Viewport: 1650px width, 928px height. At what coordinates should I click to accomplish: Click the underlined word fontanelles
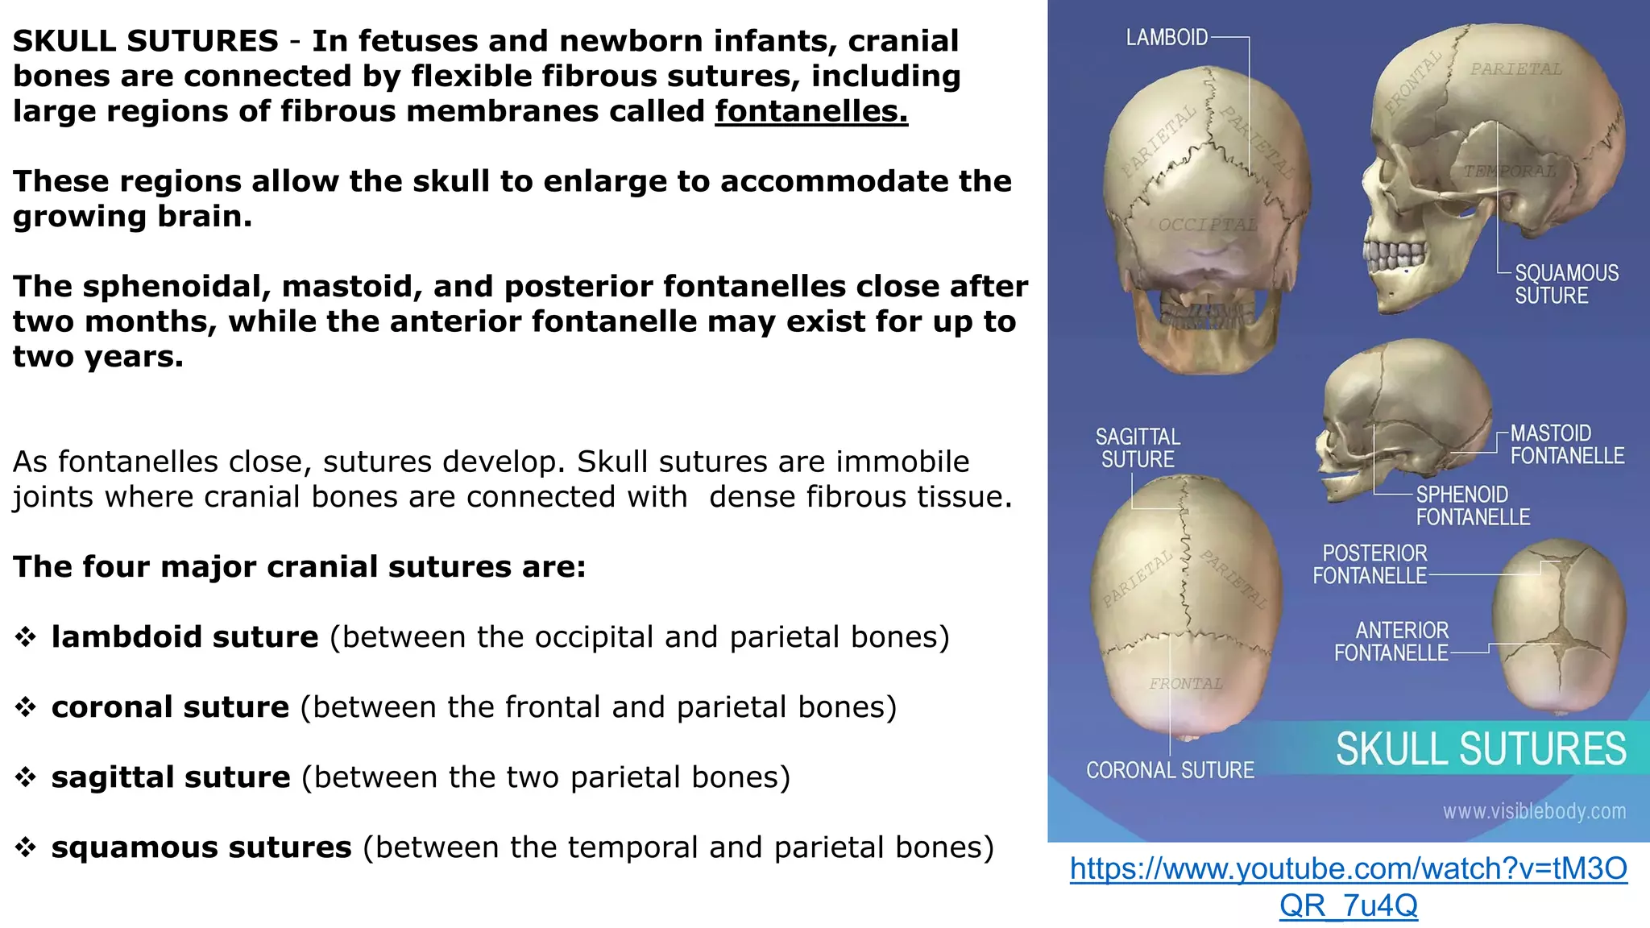coord(810,111)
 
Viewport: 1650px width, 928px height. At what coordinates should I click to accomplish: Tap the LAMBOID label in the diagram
coord(1166,38)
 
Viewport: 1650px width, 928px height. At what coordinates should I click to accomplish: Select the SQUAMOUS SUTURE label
coord(1565,284)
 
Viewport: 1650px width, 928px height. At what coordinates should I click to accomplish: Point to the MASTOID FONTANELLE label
coord(1566,445)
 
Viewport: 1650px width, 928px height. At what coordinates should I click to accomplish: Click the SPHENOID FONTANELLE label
coord(1472,506)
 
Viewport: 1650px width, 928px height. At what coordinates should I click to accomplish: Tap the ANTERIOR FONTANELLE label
coord(1391,641)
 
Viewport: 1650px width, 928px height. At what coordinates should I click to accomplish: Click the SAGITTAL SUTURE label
coord(1138,448)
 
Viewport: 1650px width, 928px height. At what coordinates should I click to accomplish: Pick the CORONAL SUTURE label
coord(1170,771)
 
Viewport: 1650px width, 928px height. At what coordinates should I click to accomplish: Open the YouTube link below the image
coord(1348,886)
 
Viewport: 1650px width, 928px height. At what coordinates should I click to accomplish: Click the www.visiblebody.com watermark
coord(1534,811)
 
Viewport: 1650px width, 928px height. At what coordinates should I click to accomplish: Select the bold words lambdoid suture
coord(184,637)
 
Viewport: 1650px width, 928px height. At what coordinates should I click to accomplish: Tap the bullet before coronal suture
coord(26,707)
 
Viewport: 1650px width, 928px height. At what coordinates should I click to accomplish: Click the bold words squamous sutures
coord(201,847)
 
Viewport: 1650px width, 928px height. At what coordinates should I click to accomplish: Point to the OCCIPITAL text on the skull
coord(1207,225)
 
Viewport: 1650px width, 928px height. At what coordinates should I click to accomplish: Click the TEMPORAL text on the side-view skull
coord(1509,172)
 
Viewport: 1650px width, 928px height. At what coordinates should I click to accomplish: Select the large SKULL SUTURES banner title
coord(1481,749)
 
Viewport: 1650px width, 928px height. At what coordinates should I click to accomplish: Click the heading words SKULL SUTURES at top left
coord(146,41)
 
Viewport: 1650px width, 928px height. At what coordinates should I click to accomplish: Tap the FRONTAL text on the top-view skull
coord(1185,684)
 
